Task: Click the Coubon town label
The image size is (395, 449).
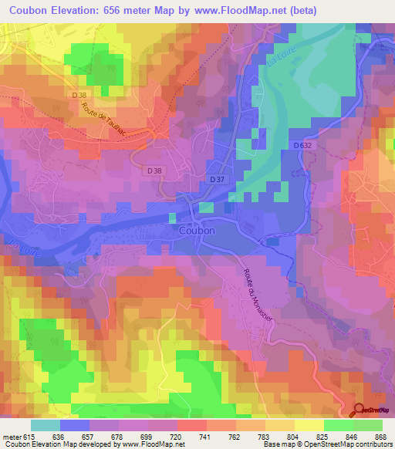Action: tap(196, 230)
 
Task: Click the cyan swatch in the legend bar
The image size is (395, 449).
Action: tap(45, 425)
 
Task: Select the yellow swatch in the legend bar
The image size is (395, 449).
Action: tap(309, 425)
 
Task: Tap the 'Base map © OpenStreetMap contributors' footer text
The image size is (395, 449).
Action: tap(327, 444)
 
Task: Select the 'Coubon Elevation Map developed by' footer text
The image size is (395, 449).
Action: tap(59, 444)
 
